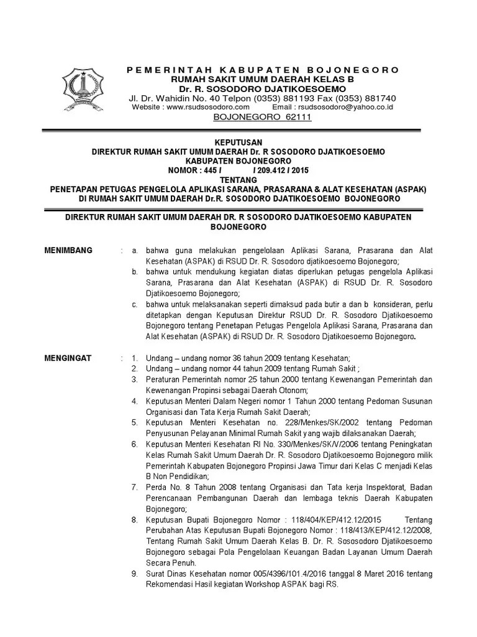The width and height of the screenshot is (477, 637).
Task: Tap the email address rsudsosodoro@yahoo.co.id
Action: pyautogui.click(x=344, y=108)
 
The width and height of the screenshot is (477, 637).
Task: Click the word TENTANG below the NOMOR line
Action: pyautogui.click(x=238, y=180)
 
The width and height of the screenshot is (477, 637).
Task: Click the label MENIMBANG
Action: pyautogui.click(x=69, y=251)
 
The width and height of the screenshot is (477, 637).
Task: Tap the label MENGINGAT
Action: pyautogui.click(x=68, y=358)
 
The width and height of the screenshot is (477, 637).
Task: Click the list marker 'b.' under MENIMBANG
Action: pyautogui.click(x=135, y=272)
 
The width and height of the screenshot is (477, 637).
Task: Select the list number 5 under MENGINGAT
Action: pyautogui.click(x=135, y=422)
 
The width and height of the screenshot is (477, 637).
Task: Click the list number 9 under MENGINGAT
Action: pyautogui.click(x=135, y=574)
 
